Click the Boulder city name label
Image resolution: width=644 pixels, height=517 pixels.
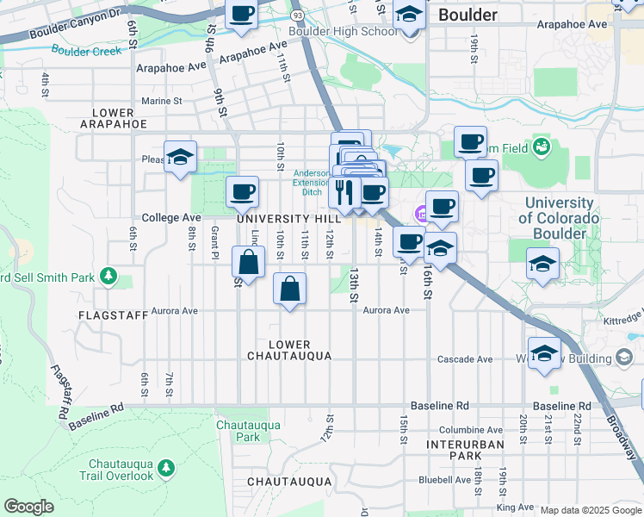(468, 15)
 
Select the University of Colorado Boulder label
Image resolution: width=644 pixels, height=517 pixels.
(558, 210)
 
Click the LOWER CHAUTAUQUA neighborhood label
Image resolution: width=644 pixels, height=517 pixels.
(289, 350)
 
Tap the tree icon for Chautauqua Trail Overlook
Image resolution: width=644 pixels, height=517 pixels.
(165, 467)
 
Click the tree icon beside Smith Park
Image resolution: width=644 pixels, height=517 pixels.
(108, 276)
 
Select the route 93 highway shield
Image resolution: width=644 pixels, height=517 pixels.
(297, 16)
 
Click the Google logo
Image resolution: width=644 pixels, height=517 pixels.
(28, 507)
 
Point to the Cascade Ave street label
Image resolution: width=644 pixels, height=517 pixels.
(465, 359)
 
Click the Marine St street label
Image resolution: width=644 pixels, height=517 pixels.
(162, 101)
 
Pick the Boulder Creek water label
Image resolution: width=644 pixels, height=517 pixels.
(86, 51)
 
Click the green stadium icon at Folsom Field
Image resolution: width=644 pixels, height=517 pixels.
(542, 146)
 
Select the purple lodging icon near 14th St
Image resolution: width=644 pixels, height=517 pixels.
(422, 214)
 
